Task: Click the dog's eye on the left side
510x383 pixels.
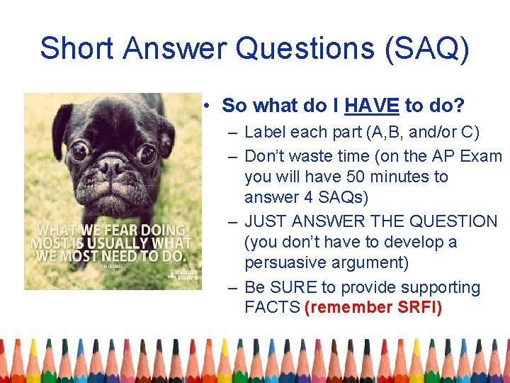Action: [x=79, y=150]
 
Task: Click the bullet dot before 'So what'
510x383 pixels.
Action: [x=205, y=106]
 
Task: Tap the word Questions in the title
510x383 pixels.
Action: [x=302, y=48]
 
